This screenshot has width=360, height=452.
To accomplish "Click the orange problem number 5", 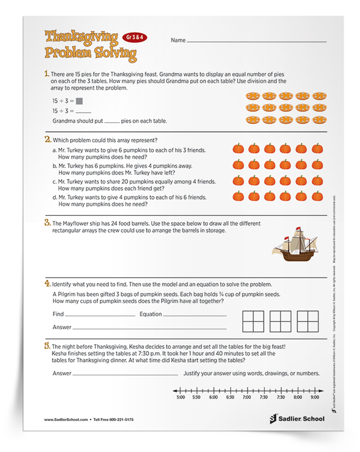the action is pyautogui.click(x=47, y=345).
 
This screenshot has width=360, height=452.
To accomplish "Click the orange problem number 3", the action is pyautogui.click(x=47, y=222).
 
